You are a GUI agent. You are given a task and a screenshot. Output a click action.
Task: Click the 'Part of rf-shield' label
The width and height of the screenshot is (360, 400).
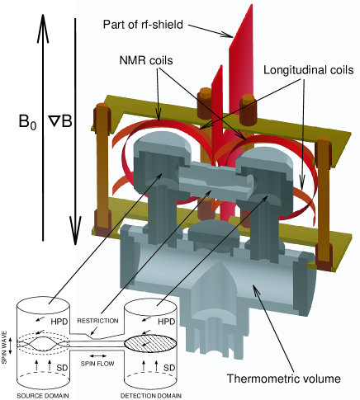[x=143, y=25]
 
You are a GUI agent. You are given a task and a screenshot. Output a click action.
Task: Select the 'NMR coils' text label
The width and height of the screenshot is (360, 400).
[x=146, y=60]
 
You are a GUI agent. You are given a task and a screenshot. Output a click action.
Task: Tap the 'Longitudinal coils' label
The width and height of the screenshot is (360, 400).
[x=309, y=70]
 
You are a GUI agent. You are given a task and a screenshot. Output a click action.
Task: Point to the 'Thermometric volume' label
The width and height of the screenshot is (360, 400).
[x=284, y=379]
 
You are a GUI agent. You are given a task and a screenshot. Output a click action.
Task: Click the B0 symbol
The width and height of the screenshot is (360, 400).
[x=27, y=121]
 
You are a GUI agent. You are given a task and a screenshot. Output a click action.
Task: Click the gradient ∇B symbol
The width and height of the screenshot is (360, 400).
[x=60, y=121]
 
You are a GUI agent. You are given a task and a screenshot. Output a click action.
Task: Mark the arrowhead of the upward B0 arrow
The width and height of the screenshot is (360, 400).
[x=43, y=27]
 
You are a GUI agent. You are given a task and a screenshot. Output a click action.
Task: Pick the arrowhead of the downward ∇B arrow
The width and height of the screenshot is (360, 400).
[x=75, y=230]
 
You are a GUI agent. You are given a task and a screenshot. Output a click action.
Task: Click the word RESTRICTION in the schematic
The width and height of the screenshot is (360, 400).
[x=97, y=321]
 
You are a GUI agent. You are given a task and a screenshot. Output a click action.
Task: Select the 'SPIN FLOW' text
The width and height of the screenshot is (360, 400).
[x=97, y=364]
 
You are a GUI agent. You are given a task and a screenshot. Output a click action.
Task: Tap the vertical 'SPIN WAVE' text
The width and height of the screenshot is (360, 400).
[x=4, y=347]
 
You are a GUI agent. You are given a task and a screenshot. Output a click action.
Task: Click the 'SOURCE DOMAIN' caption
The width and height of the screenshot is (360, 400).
[x=43, y=396]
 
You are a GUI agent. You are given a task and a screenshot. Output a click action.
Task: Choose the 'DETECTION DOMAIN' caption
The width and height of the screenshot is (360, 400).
[x=151, y=396]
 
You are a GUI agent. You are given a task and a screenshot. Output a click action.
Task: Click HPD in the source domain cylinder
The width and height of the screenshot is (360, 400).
[x=59, y=322]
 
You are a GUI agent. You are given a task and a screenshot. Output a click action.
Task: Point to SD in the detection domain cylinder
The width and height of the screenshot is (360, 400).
[x=169, y=368]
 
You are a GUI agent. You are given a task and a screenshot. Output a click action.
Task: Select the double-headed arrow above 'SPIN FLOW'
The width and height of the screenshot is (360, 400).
[x=97, y=356]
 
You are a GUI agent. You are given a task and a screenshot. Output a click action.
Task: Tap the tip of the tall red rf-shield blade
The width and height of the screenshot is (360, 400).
[x=252, y=4]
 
